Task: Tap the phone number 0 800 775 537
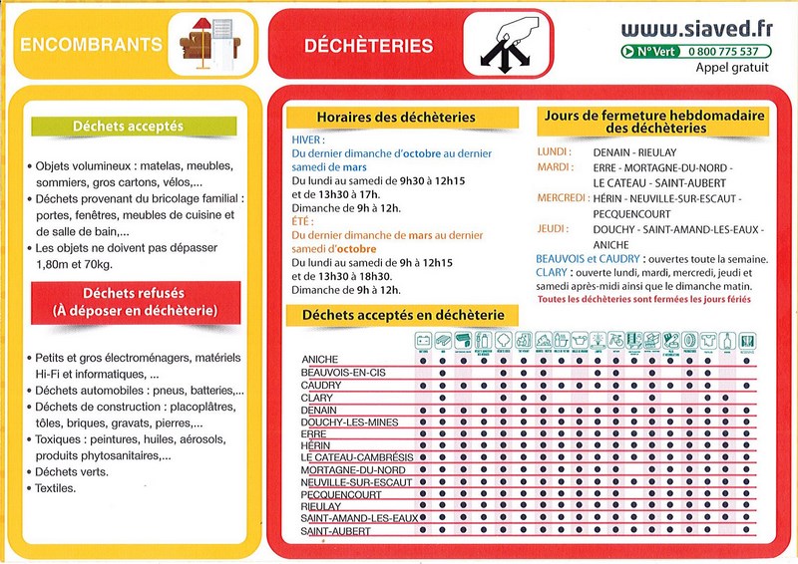[x=722, y=51]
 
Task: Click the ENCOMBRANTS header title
[x=91, y=45]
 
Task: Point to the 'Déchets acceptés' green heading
[x=128, y=128]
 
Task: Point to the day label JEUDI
[x=552, y=229]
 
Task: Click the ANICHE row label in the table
[x=320, y=359]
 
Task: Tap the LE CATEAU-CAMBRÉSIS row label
[x=356, y=457]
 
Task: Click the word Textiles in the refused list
[x=56, y=488]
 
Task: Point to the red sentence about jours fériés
[x=644, y=298]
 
